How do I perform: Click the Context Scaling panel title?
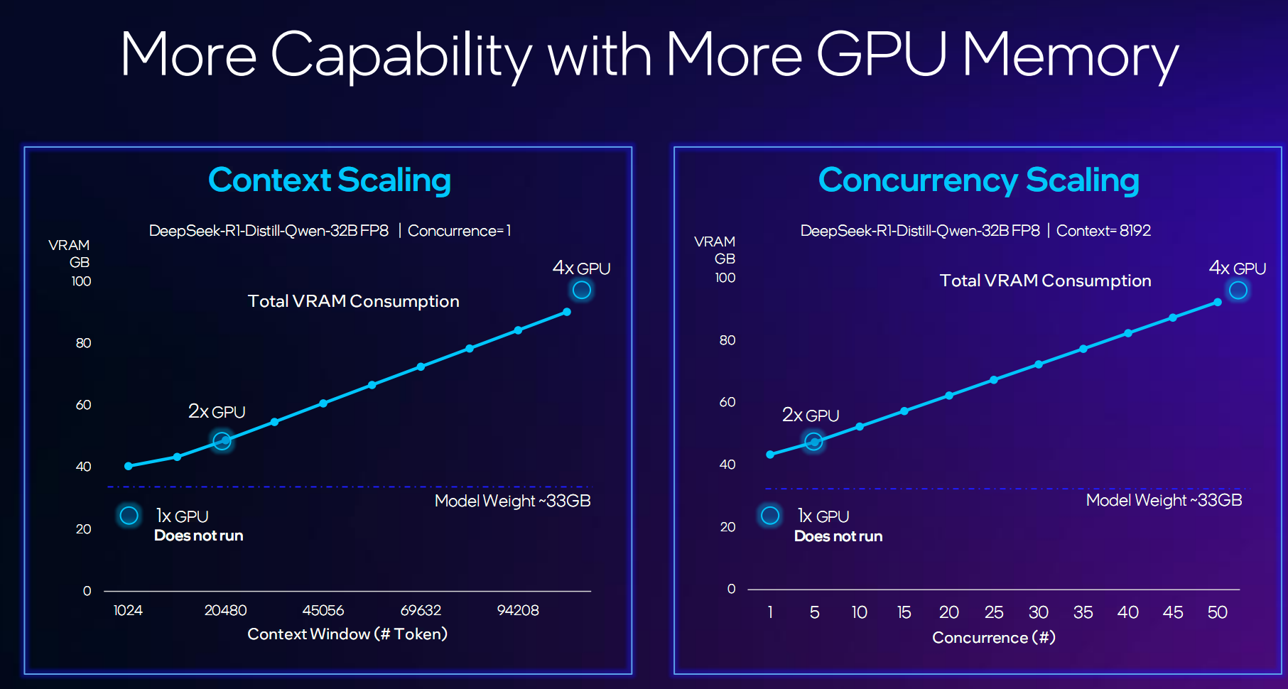tap(329, 180)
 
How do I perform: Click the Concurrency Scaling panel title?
tap(978, 180)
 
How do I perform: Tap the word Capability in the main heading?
tap(401, 55)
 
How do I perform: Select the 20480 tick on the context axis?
tap(225, 610)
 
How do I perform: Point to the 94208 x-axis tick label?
tap(518, 610)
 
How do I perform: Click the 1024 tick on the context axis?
tap(128, 610)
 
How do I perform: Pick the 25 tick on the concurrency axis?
tap(993, 612)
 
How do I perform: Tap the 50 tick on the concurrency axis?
tap(1217, 612)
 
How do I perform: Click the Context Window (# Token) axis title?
tap(347, 634)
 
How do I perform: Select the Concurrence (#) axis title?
tap(993, 637)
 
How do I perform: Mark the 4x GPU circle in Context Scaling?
tap(582, 290)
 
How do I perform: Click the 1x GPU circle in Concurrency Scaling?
tap(770, 515)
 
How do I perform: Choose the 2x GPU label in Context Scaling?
tap(217, 412)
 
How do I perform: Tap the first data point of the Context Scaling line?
tap(129, 466)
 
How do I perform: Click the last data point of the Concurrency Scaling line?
tap(1217, 303)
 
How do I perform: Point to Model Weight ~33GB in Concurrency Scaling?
tap(1164, 500)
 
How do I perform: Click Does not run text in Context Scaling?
tap(199, 536)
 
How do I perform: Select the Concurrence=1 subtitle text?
tap(459, 231)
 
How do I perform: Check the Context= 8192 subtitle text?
tap(1103, 231)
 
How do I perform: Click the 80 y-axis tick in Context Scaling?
tap(83, 343)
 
